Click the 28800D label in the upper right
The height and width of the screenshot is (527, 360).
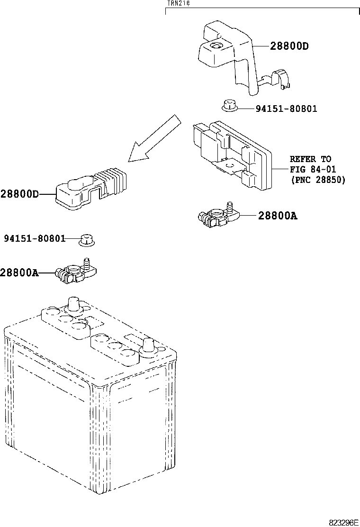[x=289, y=46]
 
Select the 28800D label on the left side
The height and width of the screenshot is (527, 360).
[x=19, y=194]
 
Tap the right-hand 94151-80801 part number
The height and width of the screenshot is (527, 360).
[x=287, y=109]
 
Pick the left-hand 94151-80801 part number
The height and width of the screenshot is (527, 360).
[x=35, y=238]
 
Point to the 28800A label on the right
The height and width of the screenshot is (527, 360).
[x=278, y=216]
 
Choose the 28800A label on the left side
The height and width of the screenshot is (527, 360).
[x=19, y=273]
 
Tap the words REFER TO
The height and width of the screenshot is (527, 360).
[x=310, y=159]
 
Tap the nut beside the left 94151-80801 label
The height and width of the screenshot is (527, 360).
[x=86, y=240]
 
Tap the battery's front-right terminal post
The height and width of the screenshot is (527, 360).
[x=148, y=346]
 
